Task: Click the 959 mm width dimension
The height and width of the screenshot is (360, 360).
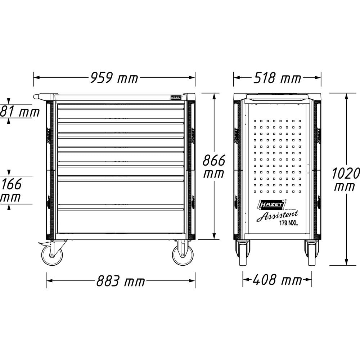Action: click(114, 77)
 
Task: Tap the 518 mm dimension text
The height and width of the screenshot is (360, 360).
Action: click(277, 77)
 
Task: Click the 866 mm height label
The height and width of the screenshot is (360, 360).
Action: click(214, 166)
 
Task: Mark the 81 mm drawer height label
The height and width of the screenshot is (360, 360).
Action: click(20, 112)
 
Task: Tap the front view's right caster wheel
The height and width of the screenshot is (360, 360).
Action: click(183, 255)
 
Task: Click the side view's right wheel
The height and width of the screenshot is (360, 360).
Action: click(312, 253)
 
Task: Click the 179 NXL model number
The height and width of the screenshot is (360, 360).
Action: click(288, 223)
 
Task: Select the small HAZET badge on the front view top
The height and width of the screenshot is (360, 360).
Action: click(176, 97)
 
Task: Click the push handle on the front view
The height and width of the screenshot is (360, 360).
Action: click(40, 96)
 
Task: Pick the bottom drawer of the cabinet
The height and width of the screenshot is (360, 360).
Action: click(121, 221)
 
